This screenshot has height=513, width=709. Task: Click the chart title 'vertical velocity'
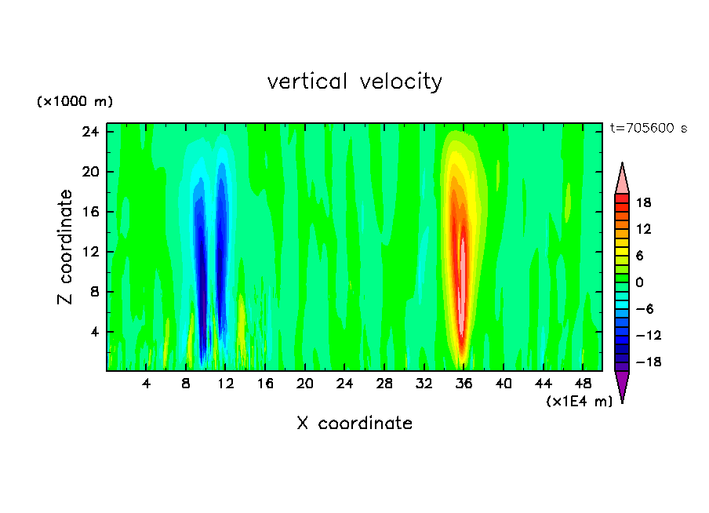[x=354, y=82]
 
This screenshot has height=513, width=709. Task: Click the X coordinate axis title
[x=354, y=424]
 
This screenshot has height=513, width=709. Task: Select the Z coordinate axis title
[x=65, y=247]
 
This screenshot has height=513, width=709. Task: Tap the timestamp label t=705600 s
[x=648, y=129]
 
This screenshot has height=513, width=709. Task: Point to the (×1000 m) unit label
[x=75, y=102]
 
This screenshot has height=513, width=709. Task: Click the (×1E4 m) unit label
[x=579, y=402]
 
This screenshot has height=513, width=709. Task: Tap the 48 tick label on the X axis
[x=583, y=384]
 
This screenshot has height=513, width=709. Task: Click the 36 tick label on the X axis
[x=464, y=384]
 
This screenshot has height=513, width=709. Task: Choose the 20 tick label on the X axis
[x=304, y=384]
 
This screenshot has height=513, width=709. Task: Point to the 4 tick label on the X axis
[x=146, y=384]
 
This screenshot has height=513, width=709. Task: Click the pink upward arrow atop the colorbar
[x=622, y=179]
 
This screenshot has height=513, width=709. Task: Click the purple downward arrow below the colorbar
[x=622, y=386]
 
